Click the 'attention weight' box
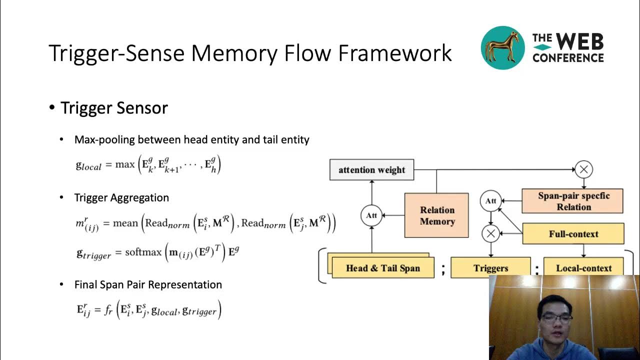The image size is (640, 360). [x=371, y=170]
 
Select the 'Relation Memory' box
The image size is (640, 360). [x=436, y=215]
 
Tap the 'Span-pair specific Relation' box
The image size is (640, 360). [x=573, y=201]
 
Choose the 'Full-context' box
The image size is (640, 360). [x=573, y=233]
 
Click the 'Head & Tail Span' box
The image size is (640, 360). [x=382, y=268]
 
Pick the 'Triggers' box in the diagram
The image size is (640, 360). [x=490, y=268]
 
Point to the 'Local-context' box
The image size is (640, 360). [x=583, y=268]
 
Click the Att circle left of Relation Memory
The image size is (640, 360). [x=371, y=215]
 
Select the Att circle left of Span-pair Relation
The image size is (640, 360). [x=490, y=201]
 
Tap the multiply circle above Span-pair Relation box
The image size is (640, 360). [x=583, y=169]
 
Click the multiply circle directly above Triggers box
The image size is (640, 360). [x=490, y=233]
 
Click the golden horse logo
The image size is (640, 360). [x=502, y=48]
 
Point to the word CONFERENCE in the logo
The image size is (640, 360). [x=568, y=58]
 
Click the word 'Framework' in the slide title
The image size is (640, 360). [x=395, y=53]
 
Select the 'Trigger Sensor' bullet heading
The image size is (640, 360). [x=114, y=108]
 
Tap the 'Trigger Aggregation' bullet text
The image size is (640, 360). [x=121, y=197]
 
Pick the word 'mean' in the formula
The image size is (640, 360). [x=125, y=223]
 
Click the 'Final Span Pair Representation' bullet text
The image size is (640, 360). [x=148, y=284]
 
